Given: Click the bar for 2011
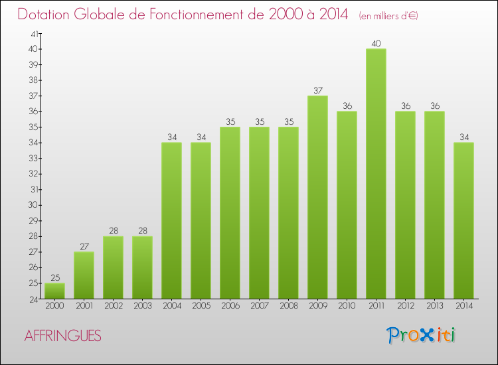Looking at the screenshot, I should pos(376,174).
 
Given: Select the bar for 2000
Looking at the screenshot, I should pos(54,291).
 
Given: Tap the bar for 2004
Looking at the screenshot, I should pos(171,220).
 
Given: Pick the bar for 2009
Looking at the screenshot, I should pos(317,197).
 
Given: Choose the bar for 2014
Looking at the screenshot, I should pos(463,220).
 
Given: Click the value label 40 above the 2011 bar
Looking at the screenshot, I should pos(376,44).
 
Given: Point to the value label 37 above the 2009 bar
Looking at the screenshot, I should pos(317,91).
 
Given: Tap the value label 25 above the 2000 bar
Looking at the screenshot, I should pos(54,278).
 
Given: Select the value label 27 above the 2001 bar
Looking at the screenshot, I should pos(84,247).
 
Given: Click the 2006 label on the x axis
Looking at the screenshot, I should pos(230,306).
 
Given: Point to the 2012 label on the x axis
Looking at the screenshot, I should pos(405,306).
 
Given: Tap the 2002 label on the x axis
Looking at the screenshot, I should pos(113,306).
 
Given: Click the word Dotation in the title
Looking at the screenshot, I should pos(47,14).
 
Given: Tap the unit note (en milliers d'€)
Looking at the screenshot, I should pos(388,15).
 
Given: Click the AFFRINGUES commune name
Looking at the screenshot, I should pos(63,336).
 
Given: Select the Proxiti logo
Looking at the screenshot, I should pos(422,335).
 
